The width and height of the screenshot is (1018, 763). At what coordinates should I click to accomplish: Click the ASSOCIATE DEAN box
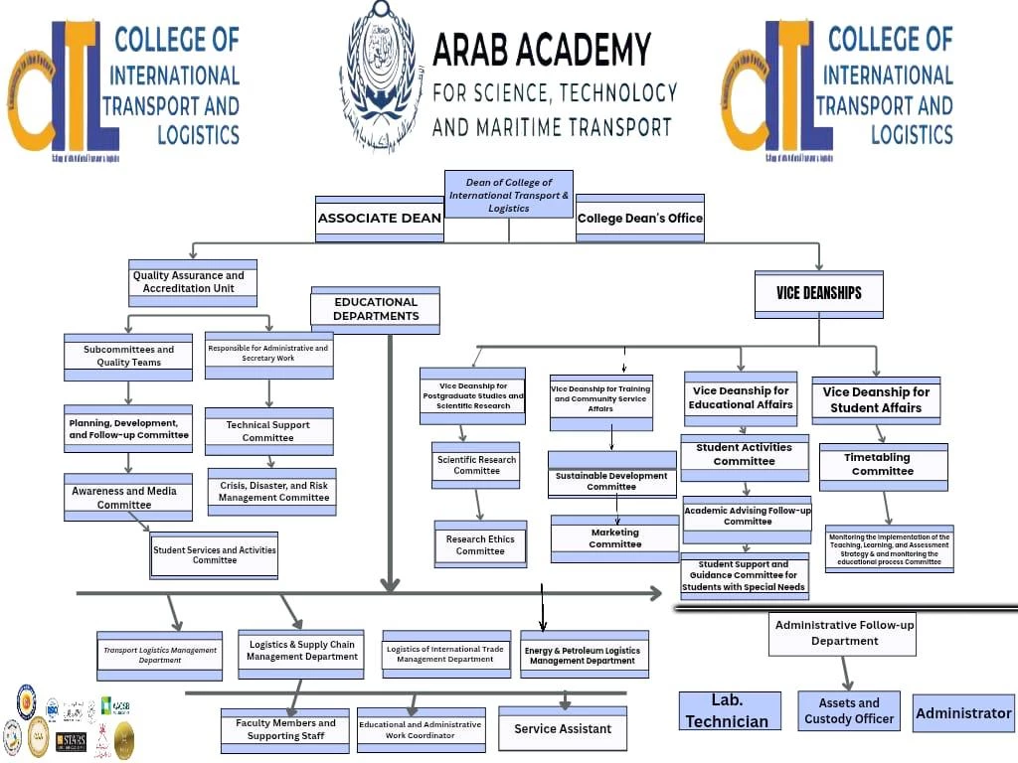[379, 219]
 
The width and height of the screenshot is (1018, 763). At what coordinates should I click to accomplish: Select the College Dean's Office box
[640, 219]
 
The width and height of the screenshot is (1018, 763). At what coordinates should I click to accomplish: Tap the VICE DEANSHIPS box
[818, 294]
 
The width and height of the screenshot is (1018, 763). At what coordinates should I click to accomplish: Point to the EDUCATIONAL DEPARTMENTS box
[376, 309]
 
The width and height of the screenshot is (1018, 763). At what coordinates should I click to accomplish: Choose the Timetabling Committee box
[883, 465]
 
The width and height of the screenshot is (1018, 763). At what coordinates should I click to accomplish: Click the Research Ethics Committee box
[480, 545]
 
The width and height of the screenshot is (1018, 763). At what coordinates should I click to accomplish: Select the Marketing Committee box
[614, 538]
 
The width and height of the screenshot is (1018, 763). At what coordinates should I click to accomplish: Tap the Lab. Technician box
[727, 711]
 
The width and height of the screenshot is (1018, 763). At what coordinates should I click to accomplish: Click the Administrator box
[963, 713]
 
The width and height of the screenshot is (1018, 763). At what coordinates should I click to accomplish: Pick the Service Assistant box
[563, 729]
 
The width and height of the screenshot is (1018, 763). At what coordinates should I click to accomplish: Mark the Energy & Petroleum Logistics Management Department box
[584, 655]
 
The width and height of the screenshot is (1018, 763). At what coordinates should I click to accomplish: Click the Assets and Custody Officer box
[849, 711]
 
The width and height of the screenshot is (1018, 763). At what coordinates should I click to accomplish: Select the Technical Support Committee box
[268, 431]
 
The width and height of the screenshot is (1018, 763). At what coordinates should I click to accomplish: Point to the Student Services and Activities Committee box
[214, 555]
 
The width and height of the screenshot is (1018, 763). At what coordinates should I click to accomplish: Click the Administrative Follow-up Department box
[843, 634]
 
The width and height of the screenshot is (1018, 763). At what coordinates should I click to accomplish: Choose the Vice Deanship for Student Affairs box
[876, 399]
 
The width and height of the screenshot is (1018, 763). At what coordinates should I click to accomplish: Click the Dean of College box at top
[508, 195]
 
